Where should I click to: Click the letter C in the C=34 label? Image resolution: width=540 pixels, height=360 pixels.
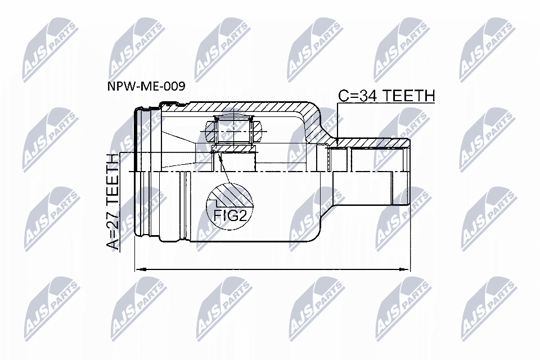pyautogui.click(x=343, y=96)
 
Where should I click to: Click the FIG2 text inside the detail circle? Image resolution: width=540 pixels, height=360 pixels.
pyautogui.click(x=229, y=214)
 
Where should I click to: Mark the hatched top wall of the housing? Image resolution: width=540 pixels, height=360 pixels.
pyautogui.click(x=247, y=107)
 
